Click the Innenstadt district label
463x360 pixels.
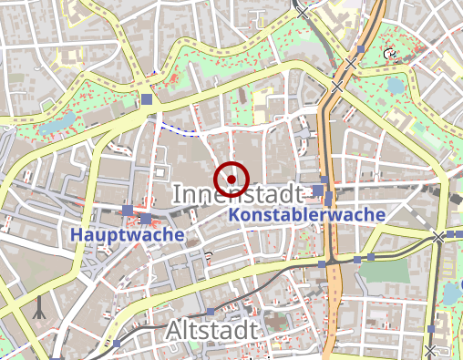236,194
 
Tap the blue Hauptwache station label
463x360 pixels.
127,234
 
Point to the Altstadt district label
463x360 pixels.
213,329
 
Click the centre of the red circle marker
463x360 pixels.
231,178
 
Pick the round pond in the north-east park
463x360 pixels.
395,86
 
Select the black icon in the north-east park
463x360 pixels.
390,54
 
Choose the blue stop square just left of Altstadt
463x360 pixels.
117,344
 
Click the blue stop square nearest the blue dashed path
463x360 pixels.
148,98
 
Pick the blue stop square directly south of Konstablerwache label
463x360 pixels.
321,263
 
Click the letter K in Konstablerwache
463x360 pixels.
233,215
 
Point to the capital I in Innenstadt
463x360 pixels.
176,194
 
